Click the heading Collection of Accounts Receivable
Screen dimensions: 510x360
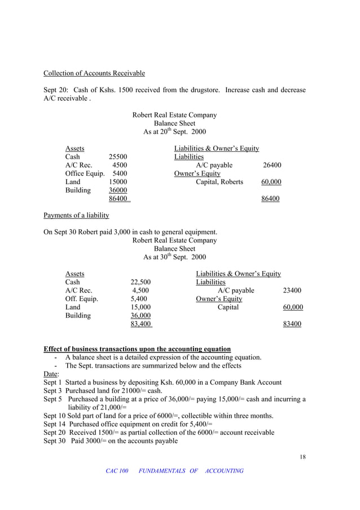pyautogui.click(x=94, y=73)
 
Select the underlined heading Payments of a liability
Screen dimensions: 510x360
pyautogui.click(x=76, y=215)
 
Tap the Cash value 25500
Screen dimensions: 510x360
pyautogui.click(x=118, y=156)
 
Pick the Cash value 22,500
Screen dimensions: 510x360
pyautogui.click(x=141, y=282)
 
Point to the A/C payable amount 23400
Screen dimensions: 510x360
pyautogui.click(x=292, y=290)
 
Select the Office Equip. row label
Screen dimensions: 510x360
pyautogui.click(x=85, y=173)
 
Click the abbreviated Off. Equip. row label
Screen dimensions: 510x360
pyautogui.click(x=82, y=299)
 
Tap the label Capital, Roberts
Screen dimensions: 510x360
pyautogui.click(x=219, y=182)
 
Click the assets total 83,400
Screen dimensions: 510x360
pyautogui.click(x=141, y=324)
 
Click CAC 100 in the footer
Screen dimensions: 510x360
pyautogui.click(x=117, y=470)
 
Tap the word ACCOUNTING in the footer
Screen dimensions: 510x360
pyautogui.click(x=224, y=470)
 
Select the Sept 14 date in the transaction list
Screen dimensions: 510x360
pyautogui.click(x=55, y=424)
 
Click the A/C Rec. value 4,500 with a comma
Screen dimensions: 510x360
pyautogui.click(x=140, y=290)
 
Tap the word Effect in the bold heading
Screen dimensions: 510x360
pyautogui.click(x=55, y=349)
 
